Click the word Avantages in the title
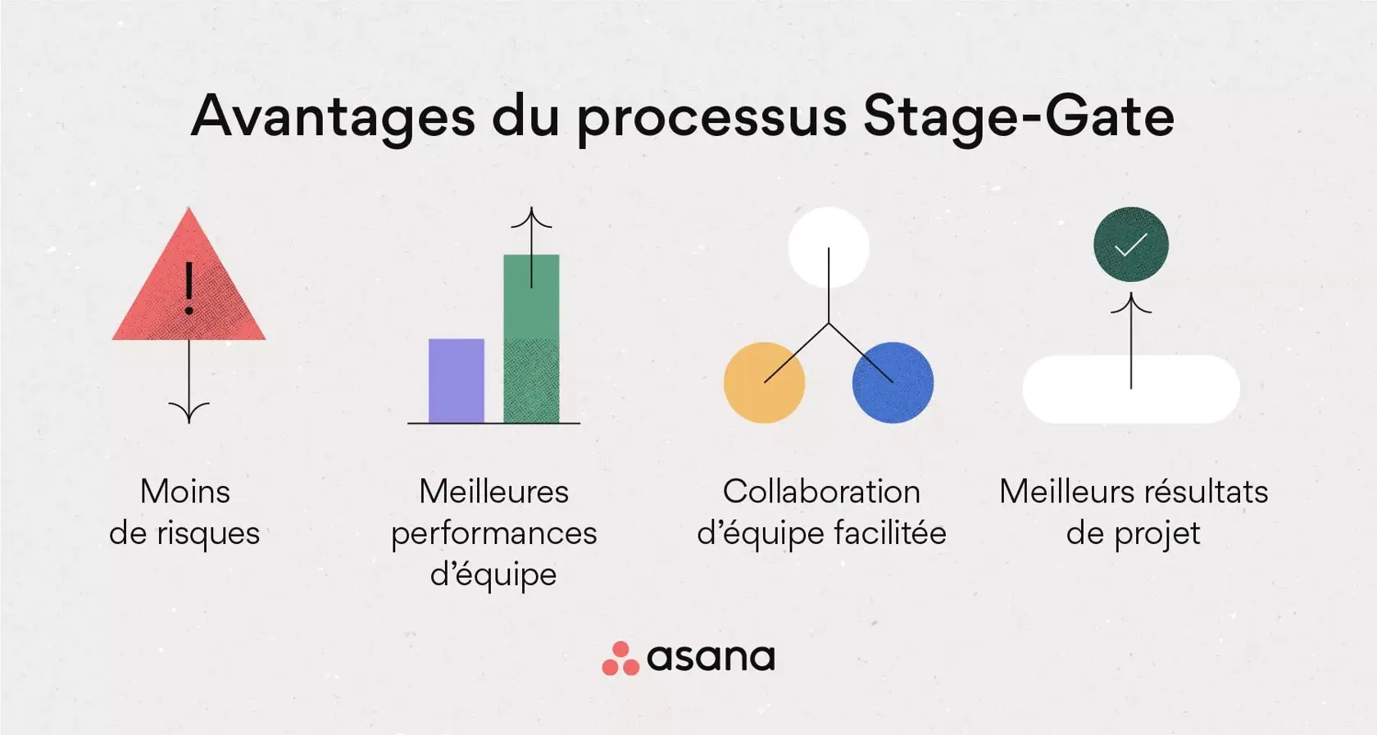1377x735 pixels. [x=333, y=116]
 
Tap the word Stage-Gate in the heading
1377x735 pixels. [x=1018, y=116]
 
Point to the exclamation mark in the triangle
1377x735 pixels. [x=189, y=288]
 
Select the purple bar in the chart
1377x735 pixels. [x=456, y=380]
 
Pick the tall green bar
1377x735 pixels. [x=531, y=352]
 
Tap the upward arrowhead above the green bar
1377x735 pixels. [x=531, y=217]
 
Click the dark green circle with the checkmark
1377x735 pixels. [x=1131, y=244]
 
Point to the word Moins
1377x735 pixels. [x=185, y=492]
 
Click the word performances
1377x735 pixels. [x=493, y=533]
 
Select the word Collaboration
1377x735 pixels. [x=821, y=492]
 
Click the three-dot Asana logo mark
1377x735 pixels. [x=620, y=659]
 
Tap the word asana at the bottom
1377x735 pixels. [x=711, y=658]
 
